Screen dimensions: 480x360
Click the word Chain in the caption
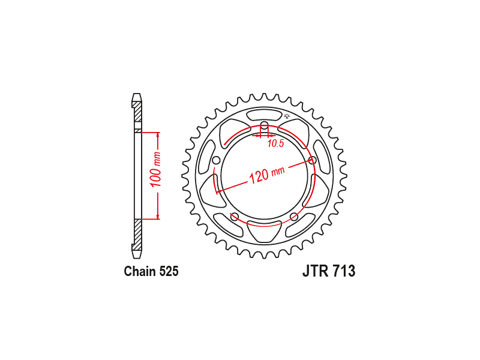point(139,271)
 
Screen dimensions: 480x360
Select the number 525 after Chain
point(169,271)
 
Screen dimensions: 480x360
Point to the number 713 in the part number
point(344,271)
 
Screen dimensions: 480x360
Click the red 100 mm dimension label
point(155,169)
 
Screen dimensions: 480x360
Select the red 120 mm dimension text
point(267,175)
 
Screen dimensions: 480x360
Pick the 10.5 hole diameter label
point(276,143)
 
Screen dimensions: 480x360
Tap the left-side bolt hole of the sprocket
point(216,160)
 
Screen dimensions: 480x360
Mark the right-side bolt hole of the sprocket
point(312,160)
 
